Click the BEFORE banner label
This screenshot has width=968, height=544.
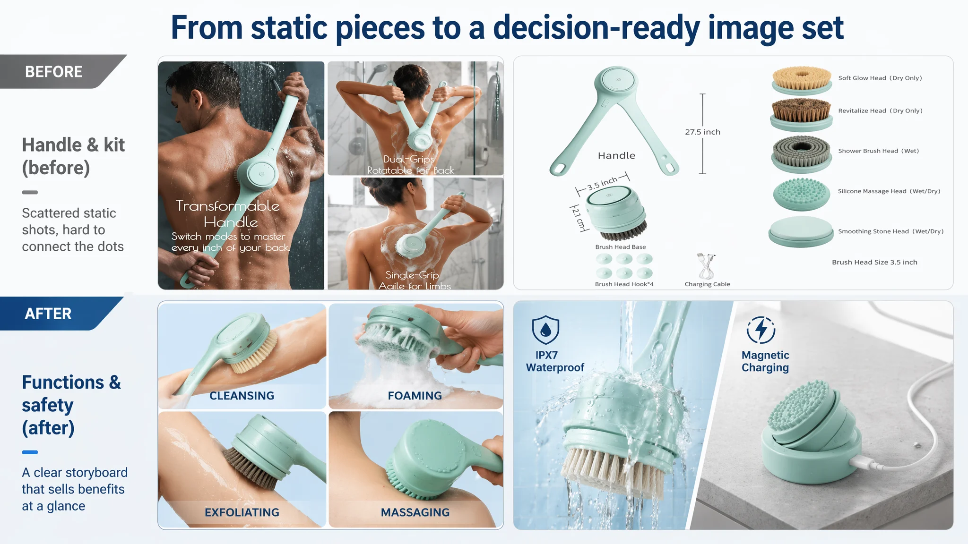click(x=53, y=72)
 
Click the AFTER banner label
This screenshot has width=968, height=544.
click(x=48, y=314)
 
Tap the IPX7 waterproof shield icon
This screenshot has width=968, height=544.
click(x=545, y=330)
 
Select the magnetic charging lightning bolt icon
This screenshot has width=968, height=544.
click(x=761, y=330)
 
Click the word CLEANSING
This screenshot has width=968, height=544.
click(x=242, y=396)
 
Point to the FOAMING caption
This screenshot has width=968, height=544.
click(x=415, y=396)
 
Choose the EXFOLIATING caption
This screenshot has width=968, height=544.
click(x=242, y=512)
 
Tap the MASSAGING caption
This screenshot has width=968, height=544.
click(x=415, y=512)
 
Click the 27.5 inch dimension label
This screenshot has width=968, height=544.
click(x=702, y=132)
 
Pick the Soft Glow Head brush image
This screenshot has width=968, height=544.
click(x=802, y=80)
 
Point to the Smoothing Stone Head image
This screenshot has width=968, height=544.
click(x=801, y=232)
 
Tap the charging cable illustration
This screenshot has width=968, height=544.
click(x=706, y=266)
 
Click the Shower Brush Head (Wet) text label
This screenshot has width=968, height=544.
click(x=878, y=151)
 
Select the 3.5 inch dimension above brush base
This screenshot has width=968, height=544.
click(x=603, y=183)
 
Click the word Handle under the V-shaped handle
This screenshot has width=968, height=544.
click(x=616, y=156)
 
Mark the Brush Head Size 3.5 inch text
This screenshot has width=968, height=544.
click(x=874, y=263)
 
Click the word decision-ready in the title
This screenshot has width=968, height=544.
click(x=596, y=28)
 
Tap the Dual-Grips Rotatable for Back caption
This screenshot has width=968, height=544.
click(x=410, y=165)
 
